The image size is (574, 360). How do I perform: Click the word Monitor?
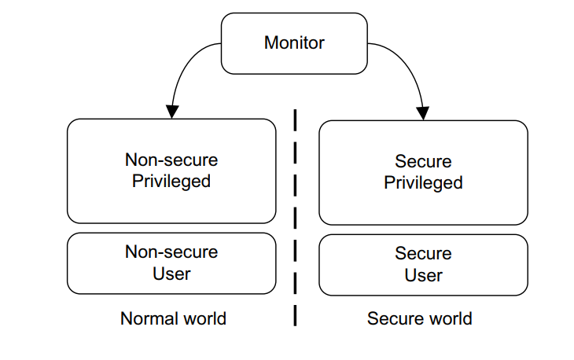(293, 42)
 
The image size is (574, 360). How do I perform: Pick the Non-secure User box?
(171, 263)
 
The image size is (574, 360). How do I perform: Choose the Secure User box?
(423, 264)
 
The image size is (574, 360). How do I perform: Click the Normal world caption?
(173, 318)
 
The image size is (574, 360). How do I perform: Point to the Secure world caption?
(420, 318)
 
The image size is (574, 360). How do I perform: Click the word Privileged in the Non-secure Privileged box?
(171, 182)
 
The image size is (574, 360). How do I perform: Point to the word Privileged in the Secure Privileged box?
(423, 183)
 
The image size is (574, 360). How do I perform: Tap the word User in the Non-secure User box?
(171, 274)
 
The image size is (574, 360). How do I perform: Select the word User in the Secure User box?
(423, 275)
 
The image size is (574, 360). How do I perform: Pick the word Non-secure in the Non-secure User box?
(171, 252)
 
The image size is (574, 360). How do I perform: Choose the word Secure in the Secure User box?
(423, 254)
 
